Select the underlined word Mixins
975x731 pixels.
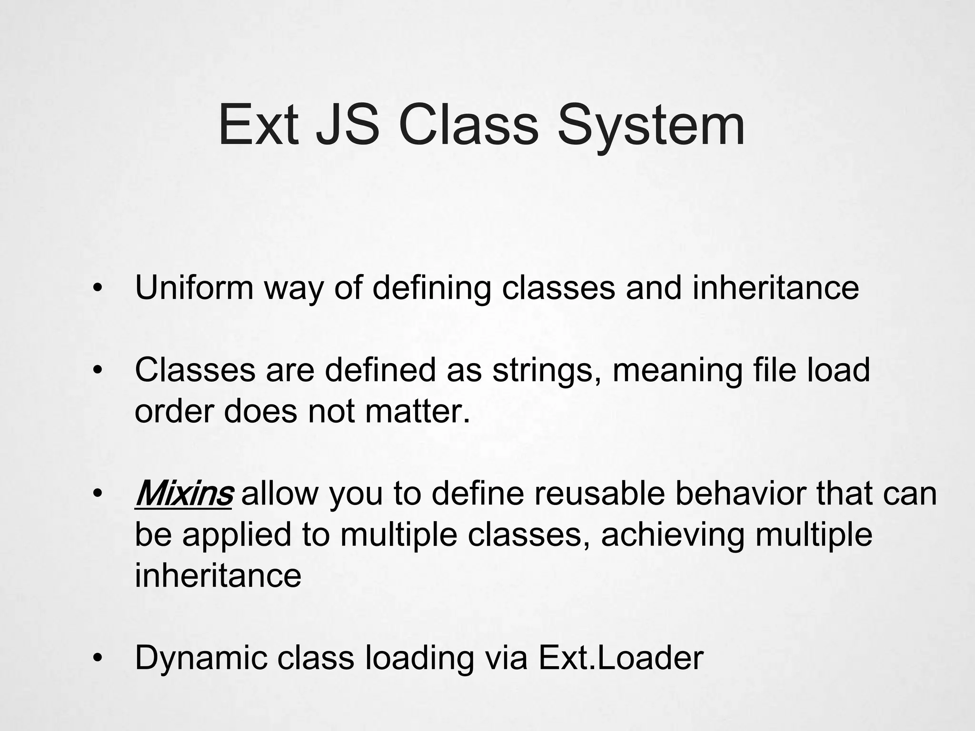184,494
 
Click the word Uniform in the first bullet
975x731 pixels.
194,287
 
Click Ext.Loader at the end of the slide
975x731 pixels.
621,658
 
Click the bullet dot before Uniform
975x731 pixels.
98,288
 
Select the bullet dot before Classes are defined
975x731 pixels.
98,371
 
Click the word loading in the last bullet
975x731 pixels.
419,658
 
